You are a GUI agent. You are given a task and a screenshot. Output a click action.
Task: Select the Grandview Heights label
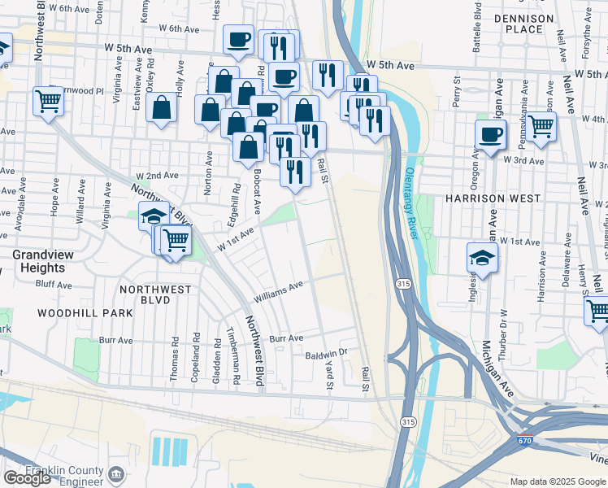coord(38,261)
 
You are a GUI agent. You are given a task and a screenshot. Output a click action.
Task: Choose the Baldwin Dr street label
coord(327,355)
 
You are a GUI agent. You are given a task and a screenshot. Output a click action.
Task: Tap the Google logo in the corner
coord(27,478)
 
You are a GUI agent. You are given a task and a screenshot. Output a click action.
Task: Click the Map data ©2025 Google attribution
coord(558,481)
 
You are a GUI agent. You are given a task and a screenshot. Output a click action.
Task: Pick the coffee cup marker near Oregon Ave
coord(490,135)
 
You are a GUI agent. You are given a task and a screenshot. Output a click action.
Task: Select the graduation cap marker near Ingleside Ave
coord(482,259)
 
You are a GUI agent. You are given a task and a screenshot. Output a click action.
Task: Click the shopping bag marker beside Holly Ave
coord(162,108)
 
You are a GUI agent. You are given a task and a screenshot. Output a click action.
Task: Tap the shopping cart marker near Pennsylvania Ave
coord(541,127)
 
